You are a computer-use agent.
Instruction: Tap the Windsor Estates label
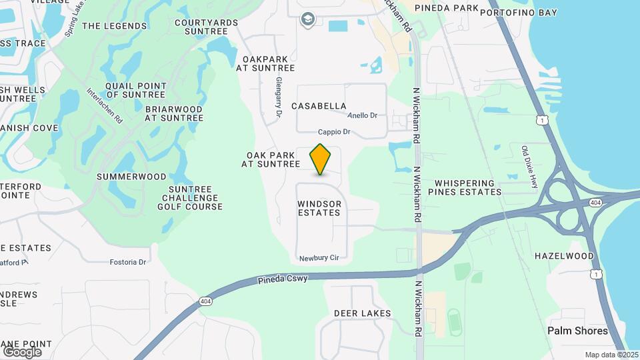319,208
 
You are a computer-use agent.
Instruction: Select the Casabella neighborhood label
319,106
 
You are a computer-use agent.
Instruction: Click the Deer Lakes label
363,313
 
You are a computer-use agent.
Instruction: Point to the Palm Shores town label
577,331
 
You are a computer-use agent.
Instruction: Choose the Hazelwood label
564,256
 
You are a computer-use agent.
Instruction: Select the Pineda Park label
446,8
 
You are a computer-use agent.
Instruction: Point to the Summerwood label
131,177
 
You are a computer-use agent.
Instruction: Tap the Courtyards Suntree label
206,27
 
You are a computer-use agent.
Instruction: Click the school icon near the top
307,19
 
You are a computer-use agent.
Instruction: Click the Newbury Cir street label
315,258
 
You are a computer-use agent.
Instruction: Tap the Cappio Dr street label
334,132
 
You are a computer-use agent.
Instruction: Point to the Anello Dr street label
363,115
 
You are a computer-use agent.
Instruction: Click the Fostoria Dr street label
127,262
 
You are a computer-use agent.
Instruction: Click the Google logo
21,351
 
